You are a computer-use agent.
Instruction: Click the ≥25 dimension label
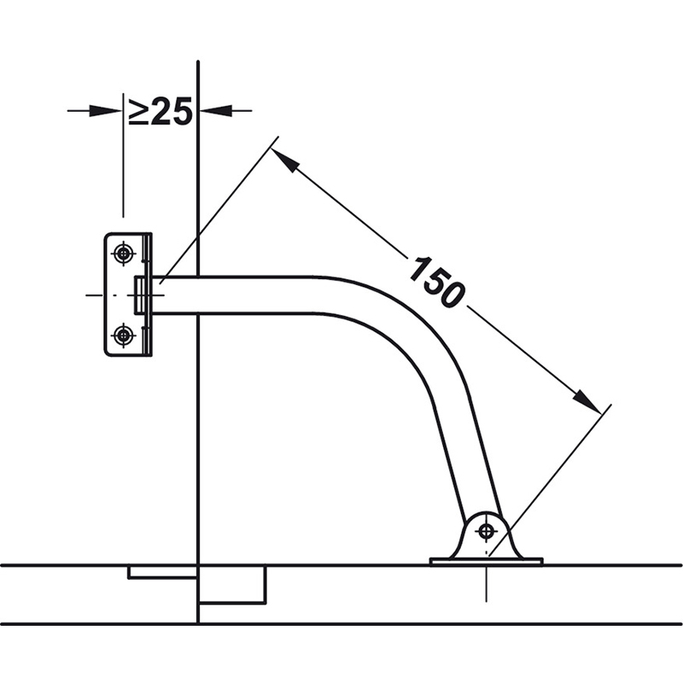pyautogui.click(x=161, y=111)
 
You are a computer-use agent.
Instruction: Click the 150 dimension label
pyautogui.click(x=437, y=283)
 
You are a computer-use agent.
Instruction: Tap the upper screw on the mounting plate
pyautogui.click(x=124, y=253)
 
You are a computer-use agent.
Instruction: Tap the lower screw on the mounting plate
pyautogui.click(x=124, y=335)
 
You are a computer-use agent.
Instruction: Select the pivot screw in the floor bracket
pyautogui.click(x=486, y=531)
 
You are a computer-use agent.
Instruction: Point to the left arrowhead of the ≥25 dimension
pyautogui.click(x=105, y=111)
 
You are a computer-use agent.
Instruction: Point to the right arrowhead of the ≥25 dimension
pyautogui.click(x=217, y=111)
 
